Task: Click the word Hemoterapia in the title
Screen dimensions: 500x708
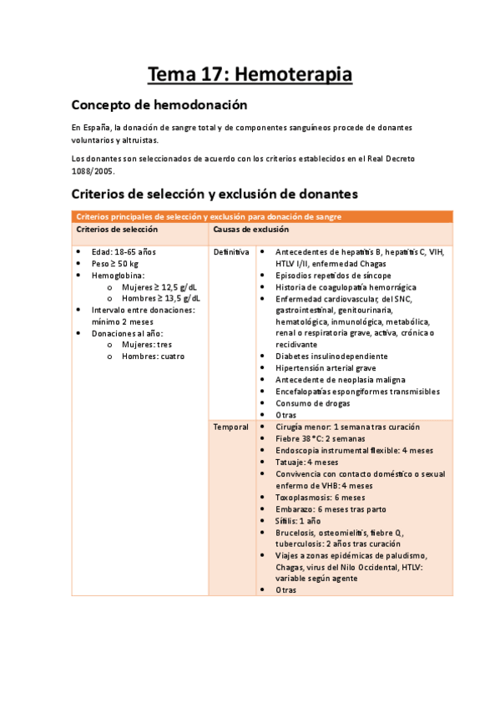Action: [x=294, y=75]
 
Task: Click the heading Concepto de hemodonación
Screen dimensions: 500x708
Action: [x=159, y=105]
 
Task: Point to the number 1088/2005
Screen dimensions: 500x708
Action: [x=92, y=170]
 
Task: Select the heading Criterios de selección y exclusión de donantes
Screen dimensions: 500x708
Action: [x=215, y=194]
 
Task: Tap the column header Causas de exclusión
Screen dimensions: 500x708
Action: [x=251, y=229]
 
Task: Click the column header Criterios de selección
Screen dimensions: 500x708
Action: [x=115, y=229]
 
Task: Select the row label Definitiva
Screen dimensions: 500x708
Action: [x=231, y=251]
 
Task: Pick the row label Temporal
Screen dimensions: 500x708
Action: [x=230, y=427]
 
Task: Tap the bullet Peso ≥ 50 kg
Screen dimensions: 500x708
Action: [x=115, y=263]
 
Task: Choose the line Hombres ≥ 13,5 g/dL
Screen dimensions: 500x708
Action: [x=161, y=298]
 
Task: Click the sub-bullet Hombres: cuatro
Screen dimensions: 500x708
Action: [x=153, y=357]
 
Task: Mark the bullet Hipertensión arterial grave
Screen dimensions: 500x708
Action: [x=326, y=368]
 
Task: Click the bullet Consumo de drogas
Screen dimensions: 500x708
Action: [x=311, y=403]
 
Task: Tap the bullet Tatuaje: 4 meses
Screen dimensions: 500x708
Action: [x=306, y=462]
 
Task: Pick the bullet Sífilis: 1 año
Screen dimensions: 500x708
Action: [x=298, y=520]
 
